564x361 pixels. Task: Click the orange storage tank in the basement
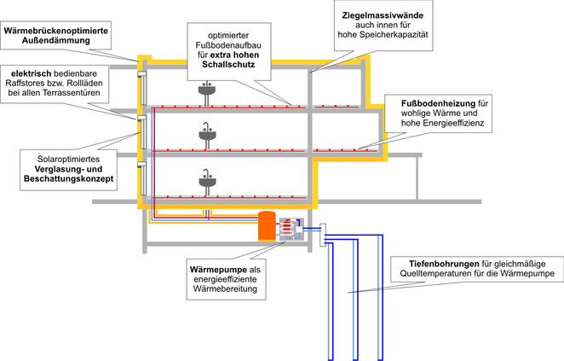268,225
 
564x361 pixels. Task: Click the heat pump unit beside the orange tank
291,229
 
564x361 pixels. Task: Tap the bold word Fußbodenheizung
439,104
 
